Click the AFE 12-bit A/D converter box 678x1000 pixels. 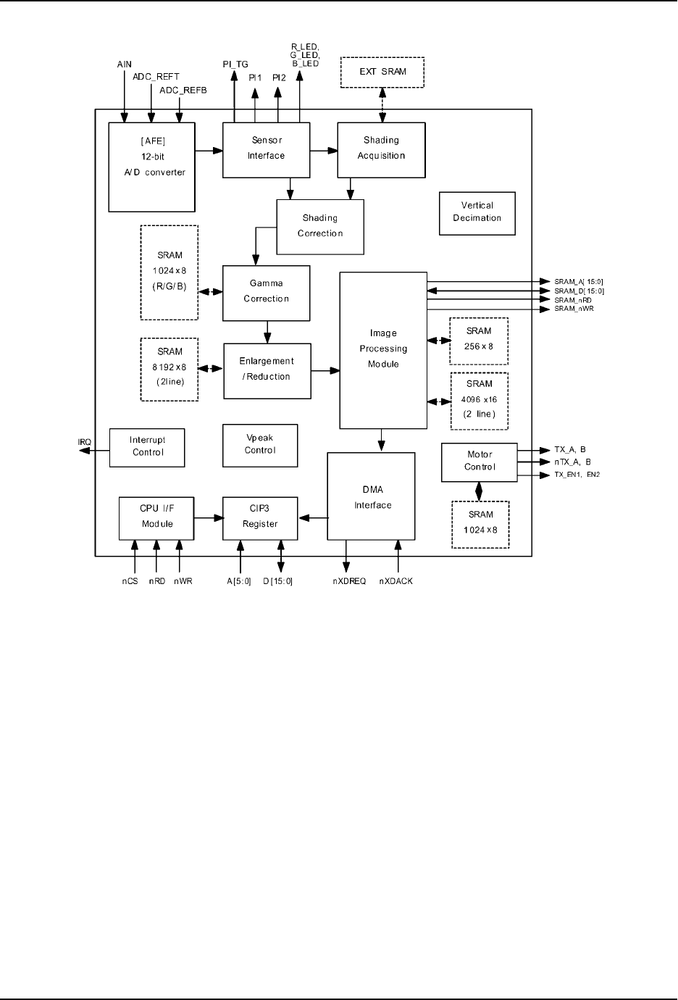(x=152, y=167)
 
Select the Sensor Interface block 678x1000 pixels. (x=266, y=149)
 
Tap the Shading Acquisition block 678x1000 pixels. (x=381, y=149)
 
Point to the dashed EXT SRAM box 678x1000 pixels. (x=382, y=72)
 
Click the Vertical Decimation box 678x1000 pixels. (x=477, y=213)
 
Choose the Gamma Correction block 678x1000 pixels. (x=266, y=293)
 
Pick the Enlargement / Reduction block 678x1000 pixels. (x=267, y=370)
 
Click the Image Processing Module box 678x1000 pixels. (x=383, y=350)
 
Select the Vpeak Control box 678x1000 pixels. (x=260, y=444)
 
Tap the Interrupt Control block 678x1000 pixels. (x=147, y=447)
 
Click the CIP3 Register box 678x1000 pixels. (x=260, y=517)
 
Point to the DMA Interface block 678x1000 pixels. (x=371, y=496)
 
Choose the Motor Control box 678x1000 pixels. (x=479, y=462)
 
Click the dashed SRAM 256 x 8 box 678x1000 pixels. (x=478, y=341)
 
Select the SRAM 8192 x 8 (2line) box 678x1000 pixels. (x=169, y=369)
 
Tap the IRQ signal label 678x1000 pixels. (x=85, y=442)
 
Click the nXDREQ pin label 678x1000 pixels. (x=349, y=581)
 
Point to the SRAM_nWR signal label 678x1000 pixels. (x=574, y=309)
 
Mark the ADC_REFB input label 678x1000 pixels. (x=183, y=91)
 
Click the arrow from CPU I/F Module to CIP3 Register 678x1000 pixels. (x=208, y=517)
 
